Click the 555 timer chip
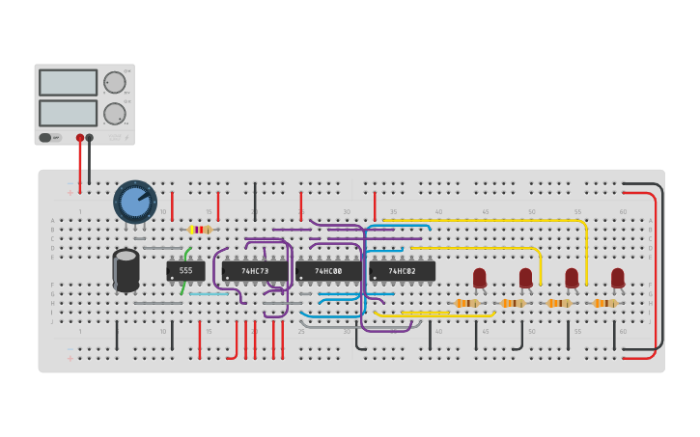pyautogui.click(x=185, y=271)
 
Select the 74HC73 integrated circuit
pyautogui.click(x=255, y=271)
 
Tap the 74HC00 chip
pyautogui.click(x=328, y=271)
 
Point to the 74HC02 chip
pyautogui.click(x=402, y=271)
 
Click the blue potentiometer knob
pyautogui.click(x=135, y=202)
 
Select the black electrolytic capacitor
pyautogui.click(x=126, y=269)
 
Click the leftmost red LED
pyautogui.click(x=479, y=278)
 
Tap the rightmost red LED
pyautogui.click(x=618, y=278)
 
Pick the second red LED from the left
pyautogui.click(x=525, y=278)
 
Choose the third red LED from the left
pyautogui.click(x=572, y=278)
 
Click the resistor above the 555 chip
pyautogui.click(x=200, y=230)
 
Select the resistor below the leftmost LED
pyautogui.click(x=466, y=303)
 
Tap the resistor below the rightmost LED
pyautogui.click(x=605, y=303)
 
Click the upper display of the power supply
pyautogui.click(x=68, y=82)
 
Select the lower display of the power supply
pyautogui.click(x=68, y=113)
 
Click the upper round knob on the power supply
pyautogui.click(x=114, y=82)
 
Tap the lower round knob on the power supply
pyautogui.click(x=114, y=113)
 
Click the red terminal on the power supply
pyautogui.click(x=80, y=138)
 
